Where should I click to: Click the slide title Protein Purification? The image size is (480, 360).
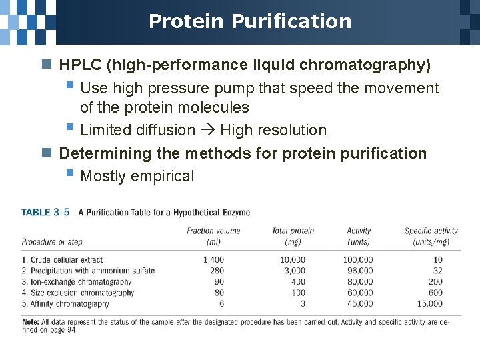249,21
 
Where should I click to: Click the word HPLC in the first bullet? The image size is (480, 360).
81,65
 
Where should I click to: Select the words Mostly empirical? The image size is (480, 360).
137,177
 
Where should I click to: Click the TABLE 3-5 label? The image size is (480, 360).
45,213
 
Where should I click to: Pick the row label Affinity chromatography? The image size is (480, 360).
65,304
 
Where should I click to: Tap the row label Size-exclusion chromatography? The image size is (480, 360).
77,293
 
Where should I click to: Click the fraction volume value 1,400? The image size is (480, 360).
213,260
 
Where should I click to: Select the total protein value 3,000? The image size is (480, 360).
293,271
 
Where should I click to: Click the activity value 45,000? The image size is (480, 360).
359,304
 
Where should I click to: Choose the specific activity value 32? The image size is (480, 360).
437,271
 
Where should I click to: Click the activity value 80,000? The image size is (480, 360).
359,282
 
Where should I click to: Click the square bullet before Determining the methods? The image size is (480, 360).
46,154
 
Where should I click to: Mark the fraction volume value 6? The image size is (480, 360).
221,304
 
